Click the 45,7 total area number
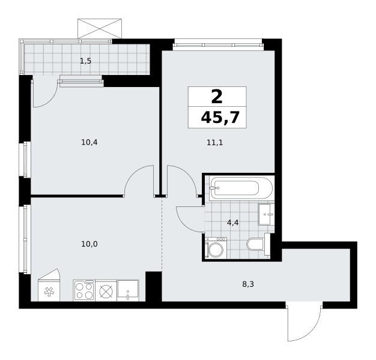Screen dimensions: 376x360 pos(220,118)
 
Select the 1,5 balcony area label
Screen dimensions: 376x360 pos(86,61)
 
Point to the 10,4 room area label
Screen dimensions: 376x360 pos(89,143)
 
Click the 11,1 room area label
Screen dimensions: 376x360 pos(215,143)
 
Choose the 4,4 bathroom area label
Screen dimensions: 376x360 pos(232,223)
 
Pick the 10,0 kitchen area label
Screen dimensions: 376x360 pos(89,244)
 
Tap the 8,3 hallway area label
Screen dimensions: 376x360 pos(248,284)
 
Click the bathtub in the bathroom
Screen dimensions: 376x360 pos(241,188)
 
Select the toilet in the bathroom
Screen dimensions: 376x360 pos(258,244)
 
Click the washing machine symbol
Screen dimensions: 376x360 pos(216,248)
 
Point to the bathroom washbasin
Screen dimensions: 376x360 pos(266,214)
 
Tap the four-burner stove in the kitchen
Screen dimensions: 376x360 pos(84,290)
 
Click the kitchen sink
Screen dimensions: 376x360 pos(128,290)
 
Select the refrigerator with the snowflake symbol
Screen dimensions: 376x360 pos(49,285)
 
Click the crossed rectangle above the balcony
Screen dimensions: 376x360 pos(100,29)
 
